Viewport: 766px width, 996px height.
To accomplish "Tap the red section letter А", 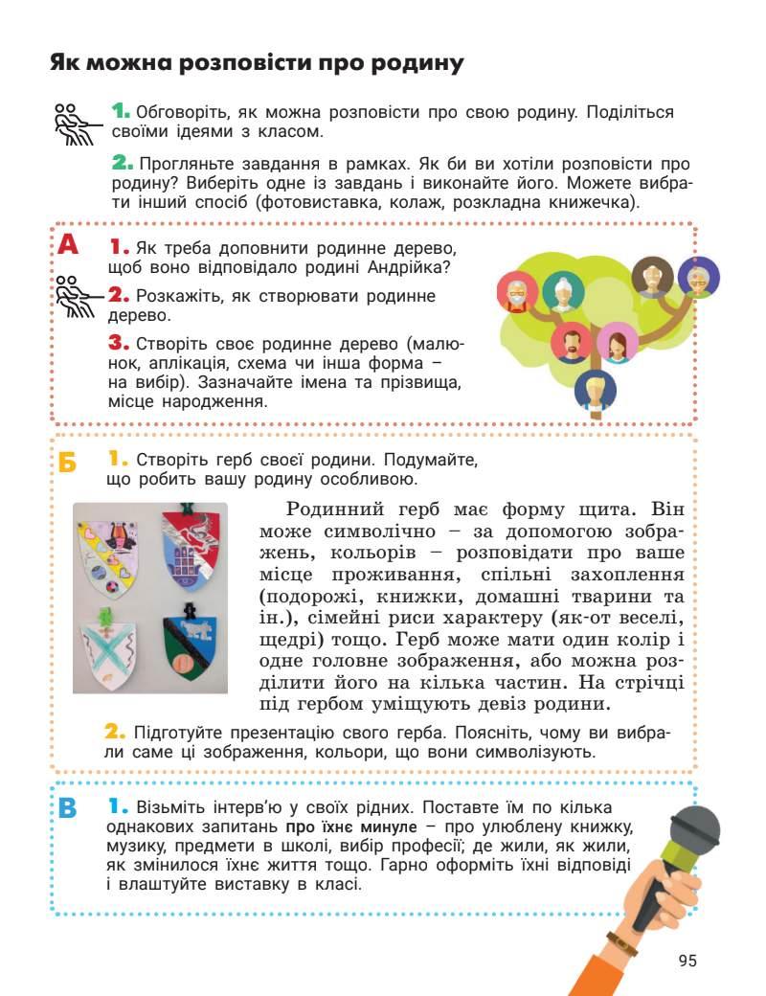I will pos(67,244).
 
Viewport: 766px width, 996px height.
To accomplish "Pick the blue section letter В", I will pos(67,807).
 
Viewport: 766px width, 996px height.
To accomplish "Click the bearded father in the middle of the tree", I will pos(572,341).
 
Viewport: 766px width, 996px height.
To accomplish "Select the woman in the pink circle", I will pos(618,343).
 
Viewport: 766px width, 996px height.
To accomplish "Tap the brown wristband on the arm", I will pos(622,943).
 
